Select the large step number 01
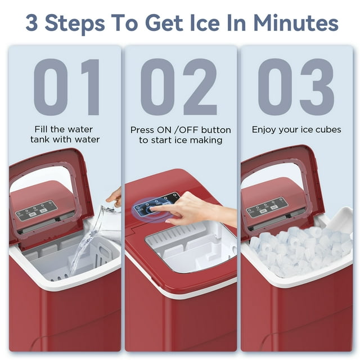[x=66, y=87]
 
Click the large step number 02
[x=179, y=87]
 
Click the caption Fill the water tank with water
[x=66, y=134]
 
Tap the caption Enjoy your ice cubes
[x=296, y=129]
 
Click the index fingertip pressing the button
[x=154, y=209]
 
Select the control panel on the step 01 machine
[x=35, y=210]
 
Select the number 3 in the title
[x=35, y=23]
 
